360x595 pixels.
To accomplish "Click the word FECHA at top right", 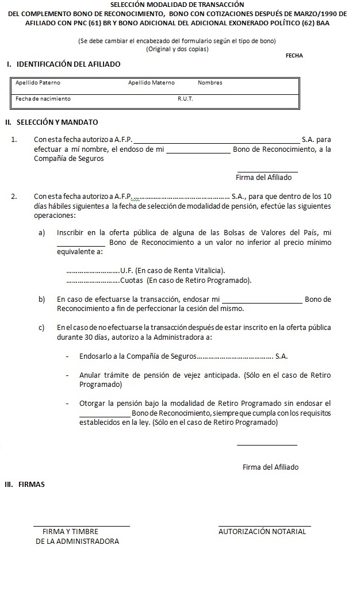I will tap(294, 56).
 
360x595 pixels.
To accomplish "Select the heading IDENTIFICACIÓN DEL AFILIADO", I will tap(68, 64).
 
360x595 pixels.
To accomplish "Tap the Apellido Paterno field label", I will tap(38, 83).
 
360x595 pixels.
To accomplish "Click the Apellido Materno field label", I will tap(151, 83).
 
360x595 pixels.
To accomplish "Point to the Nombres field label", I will tap(210, 83).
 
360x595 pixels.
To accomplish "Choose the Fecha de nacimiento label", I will tap(43, 99).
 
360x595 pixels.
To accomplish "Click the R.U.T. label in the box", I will tap(185, 99).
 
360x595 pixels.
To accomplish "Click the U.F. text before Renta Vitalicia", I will tap(127, 271).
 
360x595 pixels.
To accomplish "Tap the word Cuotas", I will tap(132, 281).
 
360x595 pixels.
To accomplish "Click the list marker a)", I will tap(42, 233).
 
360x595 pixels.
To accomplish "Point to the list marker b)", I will tap(42, 300).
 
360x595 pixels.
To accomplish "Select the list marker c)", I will tap(42, 328).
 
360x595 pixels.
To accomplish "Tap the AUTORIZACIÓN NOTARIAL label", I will tap(262, 532).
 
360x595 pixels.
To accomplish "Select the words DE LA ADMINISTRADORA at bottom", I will tap(77, 542).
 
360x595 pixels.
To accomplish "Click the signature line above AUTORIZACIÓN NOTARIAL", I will tap(265, 525).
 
